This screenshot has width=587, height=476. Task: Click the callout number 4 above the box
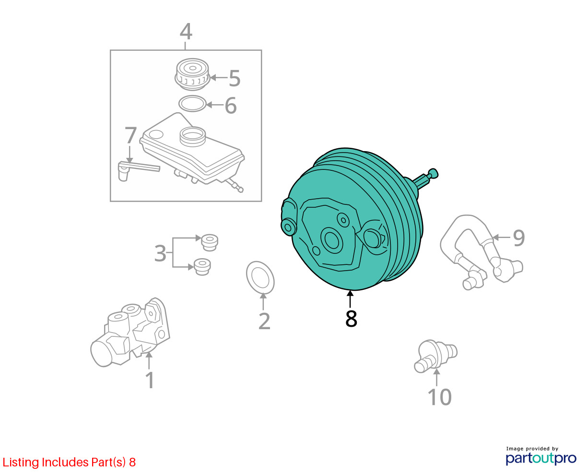(x=186, y=32)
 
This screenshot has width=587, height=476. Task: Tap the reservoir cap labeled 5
(x=192, y=74)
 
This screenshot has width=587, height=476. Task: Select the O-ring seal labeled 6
(x=192, y=104)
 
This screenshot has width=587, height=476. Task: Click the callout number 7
(x=130, y=135)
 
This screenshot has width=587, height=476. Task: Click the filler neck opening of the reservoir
(x=192, y=136)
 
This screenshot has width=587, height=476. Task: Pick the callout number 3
(x=160, y=253)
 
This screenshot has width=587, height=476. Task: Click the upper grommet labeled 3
(x=210, y=242)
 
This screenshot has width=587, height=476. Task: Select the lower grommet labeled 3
(x=202, y=267)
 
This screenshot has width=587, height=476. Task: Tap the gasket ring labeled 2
(x=260, y=278)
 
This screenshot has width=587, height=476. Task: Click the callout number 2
(x=264, y=321)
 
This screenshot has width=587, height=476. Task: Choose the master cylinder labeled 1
(x=129, y=333)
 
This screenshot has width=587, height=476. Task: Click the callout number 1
(x=150, y=381)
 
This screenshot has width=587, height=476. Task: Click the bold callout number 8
(x=351, y=319)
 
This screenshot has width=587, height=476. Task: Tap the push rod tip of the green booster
(x=433, y=174)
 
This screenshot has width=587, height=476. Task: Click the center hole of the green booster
(x=331, y=240)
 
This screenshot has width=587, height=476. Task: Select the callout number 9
(x=518, y=238)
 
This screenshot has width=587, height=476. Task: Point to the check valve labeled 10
(x=435, y=356)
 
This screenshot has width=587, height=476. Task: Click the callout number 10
(x=440, y=397)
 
